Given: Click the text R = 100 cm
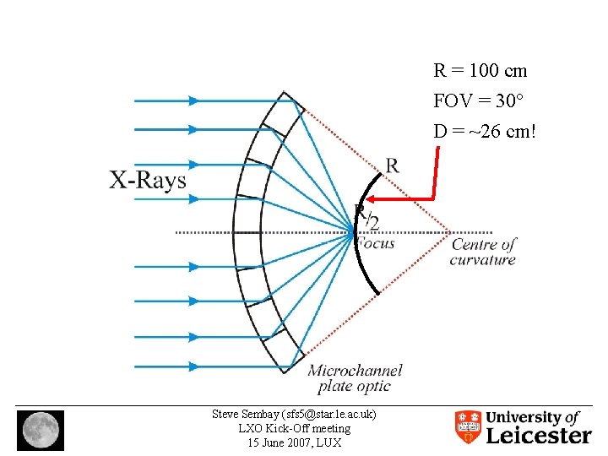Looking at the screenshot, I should click(x=480, y=72).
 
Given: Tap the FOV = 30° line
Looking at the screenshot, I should click(x=478, y=101).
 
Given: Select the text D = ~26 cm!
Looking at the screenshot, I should click(x=485, y=132).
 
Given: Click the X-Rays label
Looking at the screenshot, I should click(x=148, y=180).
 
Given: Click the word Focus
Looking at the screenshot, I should click(x=374, y=243).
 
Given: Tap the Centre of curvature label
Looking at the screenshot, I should click(x=483, y=252).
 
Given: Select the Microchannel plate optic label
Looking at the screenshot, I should click(x=355, y=378).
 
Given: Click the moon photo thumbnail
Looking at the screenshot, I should click(x=40, y=428).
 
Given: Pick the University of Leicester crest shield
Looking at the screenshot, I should click(x=468, y=427).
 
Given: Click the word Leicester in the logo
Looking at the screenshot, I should click(x=539, y=436).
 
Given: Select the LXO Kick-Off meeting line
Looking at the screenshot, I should click(x=294, y=428).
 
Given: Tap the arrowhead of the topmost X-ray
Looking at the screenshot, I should click(x=193, y=100).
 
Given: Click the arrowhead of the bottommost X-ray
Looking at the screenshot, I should click(x=193, y=366).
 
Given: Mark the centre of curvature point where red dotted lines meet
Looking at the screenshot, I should click(x=450, y=231).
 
